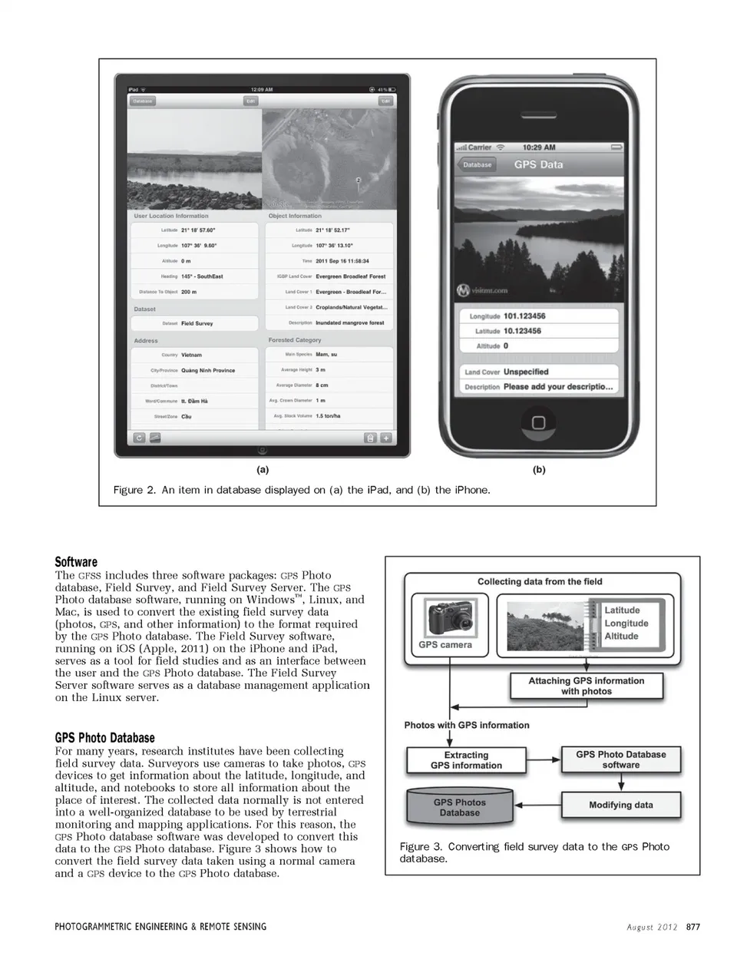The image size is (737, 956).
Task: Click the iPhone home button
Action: tap(538, 422)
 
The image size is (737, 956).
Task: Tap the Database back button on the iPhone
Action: tap(477, 164)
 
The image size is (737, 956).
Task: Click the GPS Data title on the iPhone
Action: tap(538, 164)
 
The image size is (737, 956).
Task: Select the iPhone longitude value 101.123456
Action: tap(524, 316)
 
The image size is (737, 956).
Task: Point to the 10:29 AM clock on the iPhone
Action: tap(538, 147)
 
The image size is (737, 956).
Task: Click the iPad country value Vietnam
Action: tap(192, 355)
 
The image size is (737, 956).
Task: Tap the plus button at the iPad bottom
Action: tap(385, 438)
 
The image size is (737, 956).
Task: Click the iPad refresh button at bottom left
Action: tap(139, 438)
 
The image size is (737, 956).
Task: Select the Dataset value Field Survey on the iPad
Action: tap(197, 323)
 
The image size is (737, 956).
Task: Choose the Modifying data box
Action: tap(620, 805)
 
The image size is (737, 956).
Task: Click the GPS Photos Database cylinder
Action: tap(459, 807)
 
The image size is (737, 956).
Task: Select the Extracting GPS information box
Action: tap(466, 760)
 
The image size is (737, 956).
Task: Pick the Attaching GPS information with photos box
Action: tap(586, 686)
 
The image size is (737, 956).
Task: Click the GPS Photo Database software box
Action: tap(620, 759)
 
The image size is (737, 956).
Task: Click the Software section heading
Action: tap(76, 561)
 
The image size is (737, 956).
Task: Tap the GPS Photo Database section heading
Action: tap(104, 738)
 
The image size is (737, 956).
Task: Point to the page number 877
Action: tap(692, 927)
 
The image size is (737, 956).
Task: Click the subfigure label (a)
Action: tap(262, 469)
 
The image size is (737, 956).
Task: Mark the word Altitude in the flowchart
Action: tap(621, 636)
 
